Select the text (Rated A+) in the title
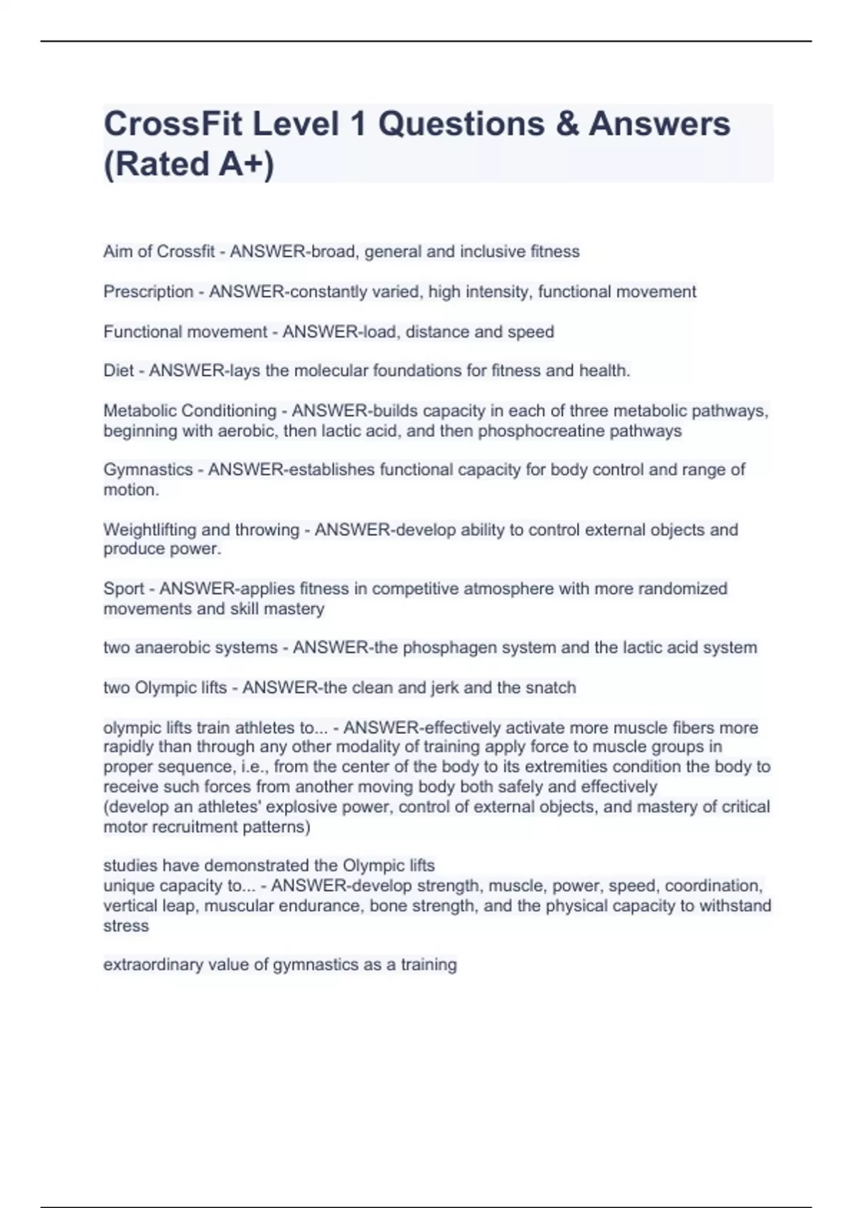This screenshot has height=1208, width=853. pyautogui.click(x=188, y=164)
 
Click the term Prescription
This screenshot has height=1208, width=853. pyautogui.click(x=148, y=292)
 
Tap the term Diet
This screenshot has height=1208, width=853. pyautogui.click(x=118, y=371)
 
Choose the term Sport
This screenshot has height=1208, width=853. pyautogui.click(x=124, y=589)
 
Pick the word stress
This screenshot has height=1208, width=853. pyautogui.click(x=126, y=927)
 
